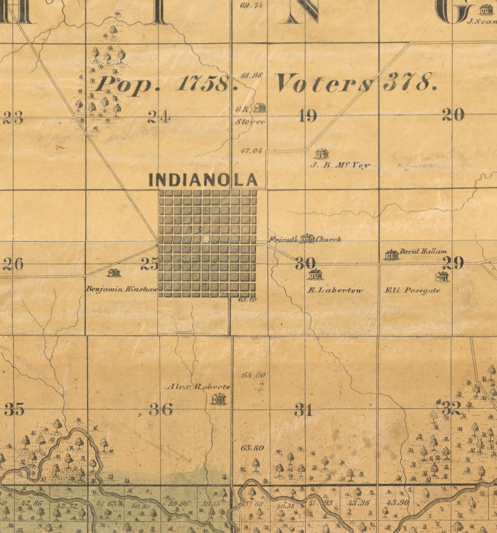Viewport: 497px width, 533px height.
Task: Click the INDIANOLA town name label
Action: [x=203, y=180]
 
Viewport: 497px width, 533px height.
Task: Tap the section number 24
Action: [x=159, y=117]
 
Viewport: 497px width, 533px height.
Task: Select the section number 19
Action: [x=308, y=116]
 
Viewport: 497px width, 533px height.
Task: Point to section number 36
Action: [x=161, y=409]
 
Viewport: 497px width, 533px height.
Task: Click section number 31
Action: [x=303, y=410]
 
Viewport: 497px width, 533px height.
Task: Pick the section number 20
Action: [x=453, y=115]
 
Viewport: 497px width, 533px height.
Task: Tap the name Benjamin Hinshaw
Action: [x=122, y=289]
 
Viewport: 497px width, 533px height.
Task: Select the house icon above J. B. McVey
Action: [x=322, y=154]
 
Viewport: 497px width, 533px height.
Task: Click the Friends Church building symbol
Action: [x=307, y=238]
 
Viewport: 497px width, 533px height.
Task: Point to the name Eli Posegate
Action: [x=412, y=290]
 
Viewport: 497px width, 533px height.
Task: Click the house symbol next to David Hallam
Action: [x=391, y=255]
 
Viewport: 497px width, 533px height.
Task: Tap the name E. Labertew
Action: [x=335, y=290]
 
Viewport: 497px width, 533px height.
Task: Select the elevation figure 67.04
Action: [x=252, y=151]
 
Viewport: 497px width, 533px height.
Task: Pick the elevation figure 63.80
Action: [x=252, y=448]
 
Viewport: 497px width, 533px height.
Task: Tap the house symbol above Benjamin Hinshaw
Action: [x=114, y=273]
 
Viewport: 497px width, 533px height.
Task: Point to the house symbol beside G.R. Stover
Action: [x=260, y=107]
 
